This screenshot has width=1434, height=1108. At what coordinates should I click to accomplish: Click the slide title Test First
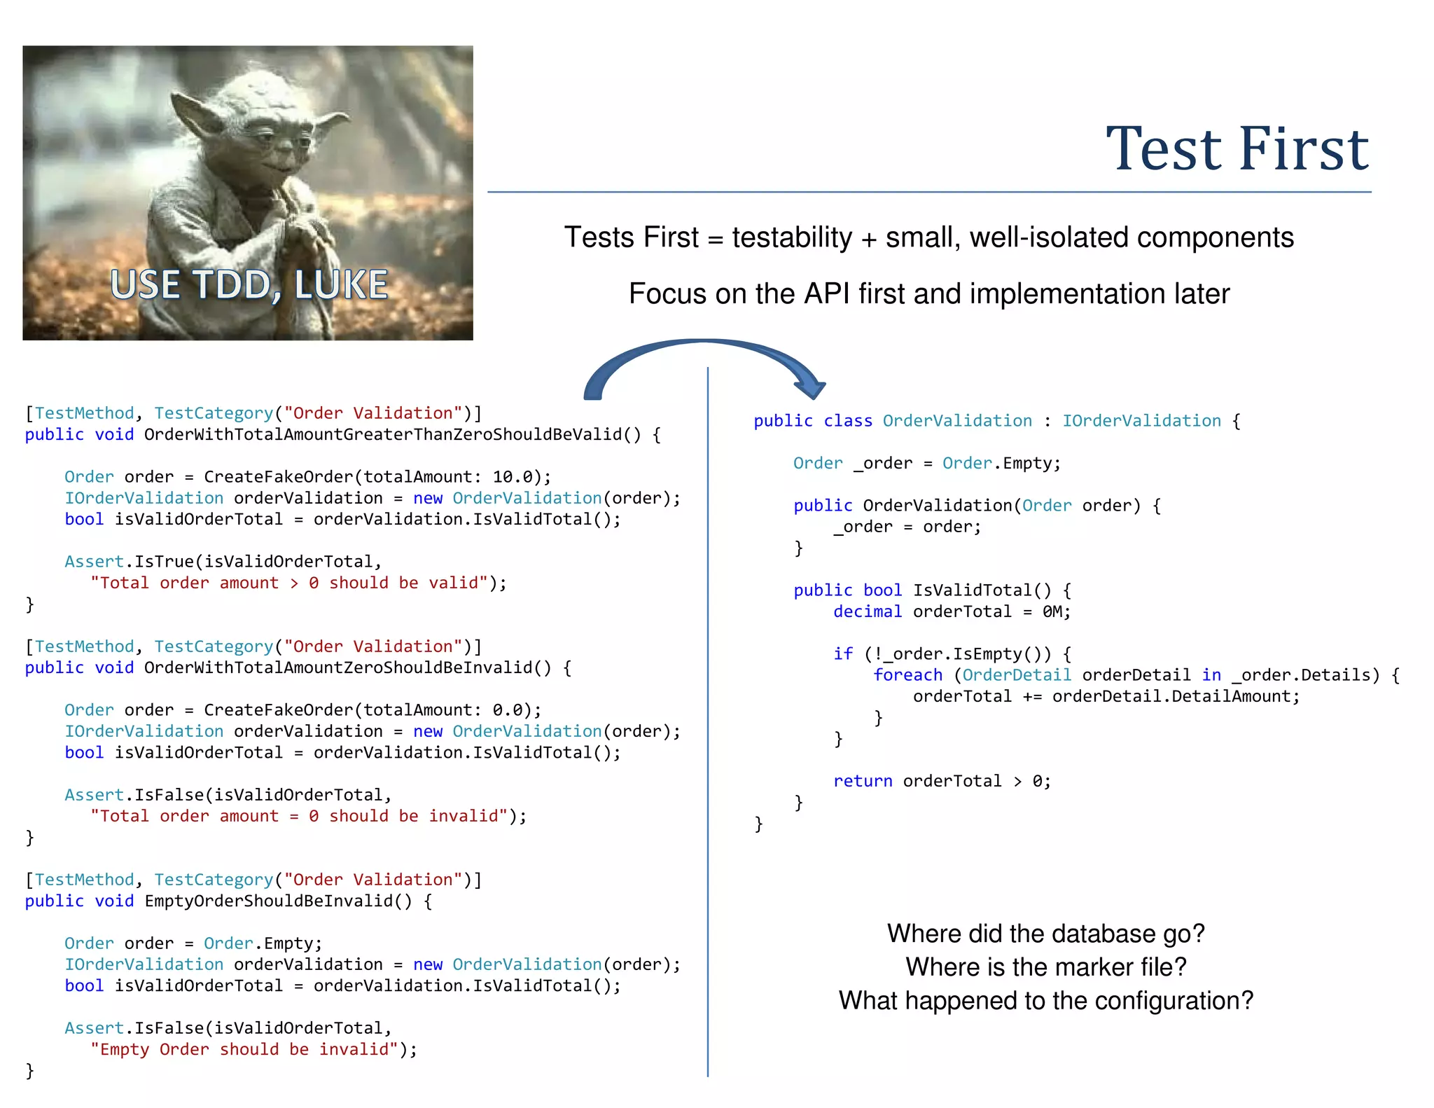coord(1237,148)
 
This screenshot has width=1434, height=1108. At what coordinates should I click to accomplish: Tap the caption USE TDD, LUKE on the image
coord(249,284)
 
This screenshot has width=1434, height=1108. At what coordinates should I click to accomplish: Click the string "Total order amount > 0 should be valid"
coord(288,583)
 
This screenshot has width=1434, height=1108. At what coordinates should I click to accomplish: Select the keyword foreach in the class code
coord(907,675)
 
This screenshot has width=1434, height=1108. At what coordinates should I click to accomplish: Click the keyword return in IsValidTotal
coord(863,781)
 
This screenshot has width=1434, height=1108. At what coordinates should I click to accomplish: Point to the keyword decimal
coord(868,611)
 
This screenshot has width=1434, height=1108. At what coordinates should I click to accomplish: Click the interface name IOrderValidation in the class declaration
coord(1141,421)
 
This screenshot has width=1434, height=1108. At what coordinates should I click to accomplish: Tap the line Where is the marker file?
coord(1046,967)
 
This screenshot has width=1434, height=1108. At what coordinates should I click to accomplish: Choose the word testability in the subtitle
coord(792,237)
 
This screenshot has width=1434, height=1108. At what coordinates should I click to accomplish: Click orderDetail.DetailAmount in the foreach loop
coord(1176,696)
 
